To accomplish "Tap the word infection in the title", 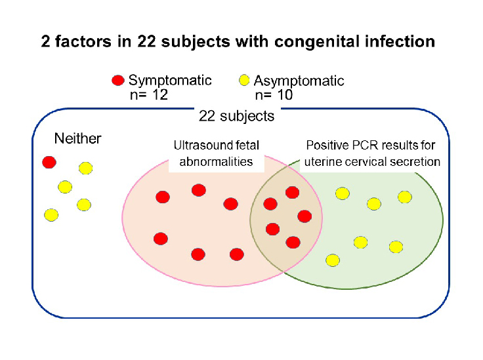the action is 400,41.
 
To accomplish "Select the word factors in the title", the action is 83,41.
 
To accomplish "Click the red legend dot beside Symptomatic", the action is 117,80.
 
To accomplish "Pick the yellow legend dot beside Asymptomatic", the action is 244,80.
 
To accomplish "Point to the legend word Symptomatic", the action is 170,81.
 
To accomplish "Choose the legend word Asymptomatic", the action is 299,81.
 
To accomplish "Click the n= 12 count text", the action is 149,95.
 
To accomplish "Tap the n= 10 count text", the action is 274,95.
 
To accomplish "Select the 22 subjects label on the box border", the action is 236,116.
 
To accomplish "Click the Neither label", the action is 77,138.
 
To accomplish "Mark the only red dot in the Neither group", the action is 49,162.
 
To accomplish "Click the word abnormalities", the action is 216,161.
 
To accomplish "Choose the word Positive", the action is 327,145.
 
